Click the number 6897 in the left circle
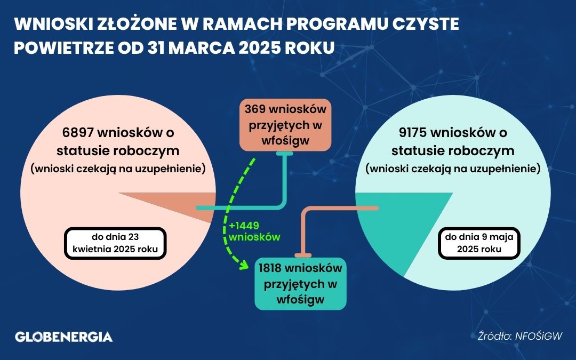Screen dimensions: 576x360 [77, 132]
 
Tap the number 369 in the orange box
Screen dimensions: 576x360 [255, 109]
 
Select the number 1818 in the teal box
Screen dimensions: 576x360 [270, 268]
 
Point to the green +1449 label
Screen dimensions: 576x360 [244, 226]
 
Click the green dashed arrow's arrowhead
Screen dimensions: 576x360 [243, 264]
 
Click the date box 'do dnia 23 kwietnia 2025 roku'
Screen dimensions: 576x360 [115, 243]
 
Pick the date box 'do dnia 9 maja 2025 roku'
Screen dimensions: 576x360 [479, 243]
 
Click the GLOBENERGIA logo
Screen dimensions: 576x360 [63, 337]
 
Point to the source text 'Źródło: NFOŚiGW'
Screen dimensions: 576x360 [520, 336]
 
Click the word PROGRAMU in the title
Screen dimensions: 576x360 [336, 24]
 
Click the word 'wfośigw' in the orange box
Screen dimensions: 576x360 [285, 141]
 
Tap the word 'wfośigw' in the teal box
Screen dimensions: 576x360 [300, 299]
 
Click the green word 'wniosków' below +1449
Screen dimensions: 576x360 [254, 237]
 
